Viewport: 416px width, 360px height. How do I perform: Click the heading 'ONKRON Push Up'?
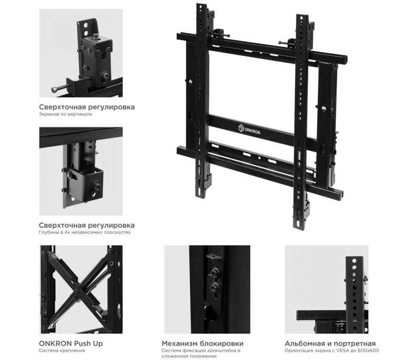click(x=71, y=343)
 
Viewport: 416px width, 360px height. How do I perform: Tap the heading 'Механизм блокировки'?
click(x=202, y=343)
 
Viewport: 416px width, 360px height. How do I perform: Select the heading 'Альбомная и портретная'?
click(x=330, y=344)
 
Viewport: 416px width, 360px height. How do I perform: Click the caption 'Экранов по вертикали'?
click(x=65, y=114)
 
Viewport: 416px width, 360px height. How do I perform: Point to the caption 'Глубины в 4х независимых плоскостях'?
click(x=85, y=232)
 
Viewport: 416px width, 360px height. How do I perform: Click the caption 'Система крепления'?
click(x=62, y=351)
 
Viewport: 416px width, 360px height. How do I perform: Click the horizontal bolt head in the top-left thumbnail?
click(x=54, y=90)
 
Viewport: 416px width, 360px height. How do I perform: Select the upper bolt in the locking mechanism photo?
click(x=213, y=272)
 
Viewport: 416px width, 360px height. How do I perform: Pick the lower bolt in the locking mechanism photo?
click(x=214, y=287)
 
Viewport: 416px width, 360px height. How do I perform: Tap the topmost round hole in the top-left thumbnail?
click(x=86, y=26)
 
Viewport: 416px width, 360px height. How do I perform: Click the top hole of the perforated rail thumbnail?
click(x=354, y=261)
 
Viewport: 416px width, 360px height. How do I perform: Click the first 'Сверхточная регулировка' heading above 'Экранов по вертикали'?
click(x=87, y=107)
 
